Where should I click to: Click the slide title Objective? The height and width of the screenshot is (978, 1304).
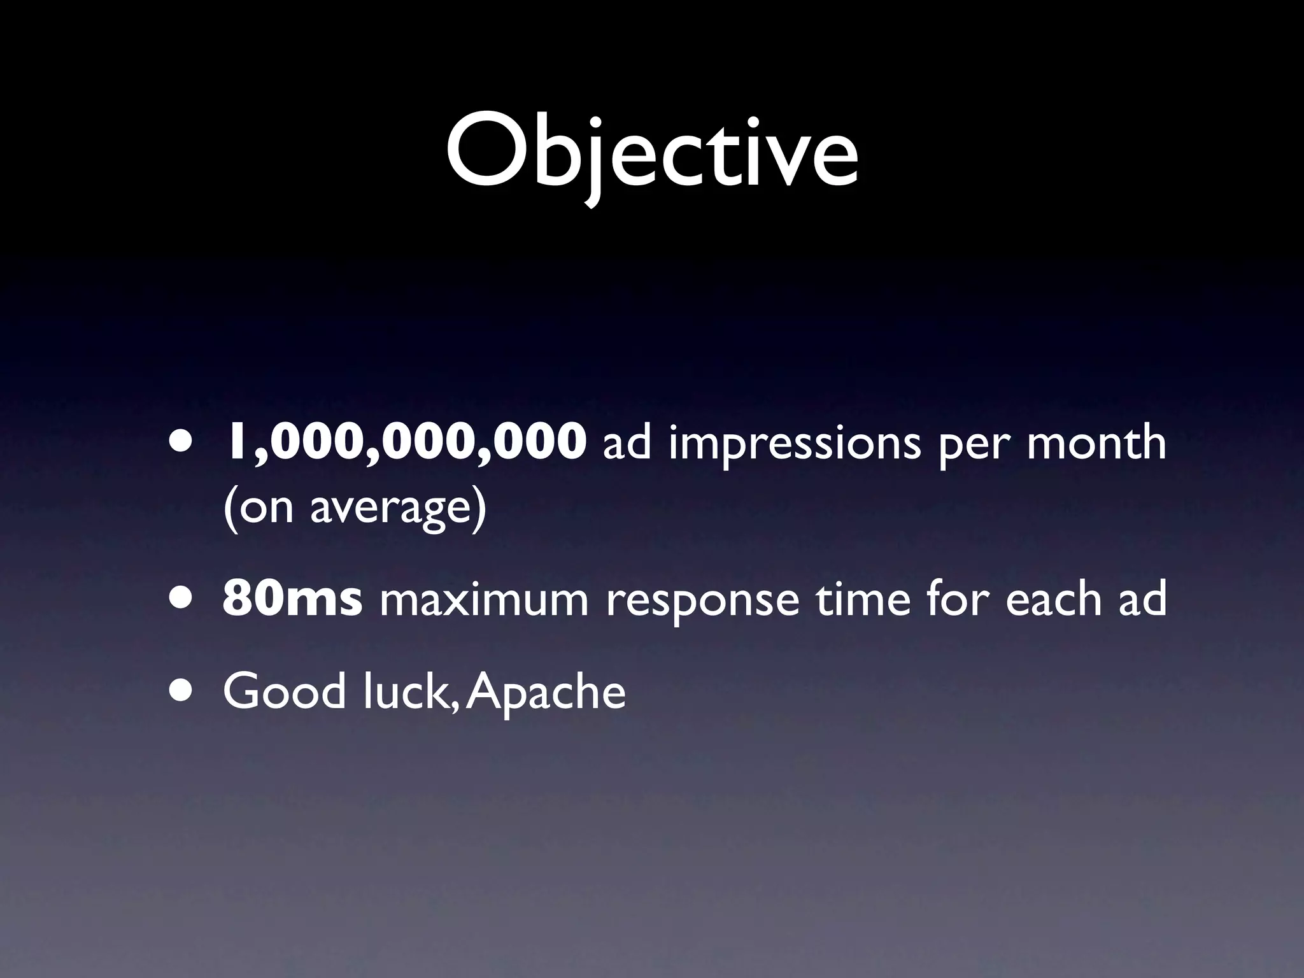coord(651,153)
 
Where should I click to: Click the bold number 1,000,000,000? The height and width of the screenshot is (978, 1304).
coord(404,441)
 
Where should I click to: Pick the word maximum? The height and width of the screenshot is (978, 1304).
coord(484,600)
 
